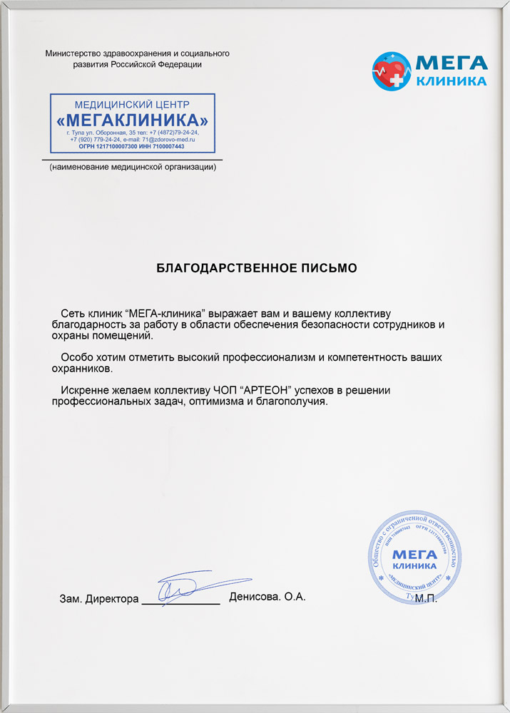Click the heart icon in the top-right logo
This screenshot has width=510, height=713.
390,70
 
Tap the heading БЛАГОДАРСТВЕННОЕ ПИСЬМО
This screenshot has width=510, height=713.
256,268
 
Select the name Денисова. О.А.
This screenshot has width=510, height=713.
267,597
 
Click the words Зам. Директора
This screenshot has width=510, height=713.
99,599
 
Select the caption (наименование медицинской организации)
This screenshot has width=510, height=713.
133,168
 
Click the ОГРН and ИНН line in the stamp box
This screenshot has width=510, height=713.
133,146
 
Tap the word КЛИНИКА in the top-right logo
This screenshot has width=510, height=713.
452,81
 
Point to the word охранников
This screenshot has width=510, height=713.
82,369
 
